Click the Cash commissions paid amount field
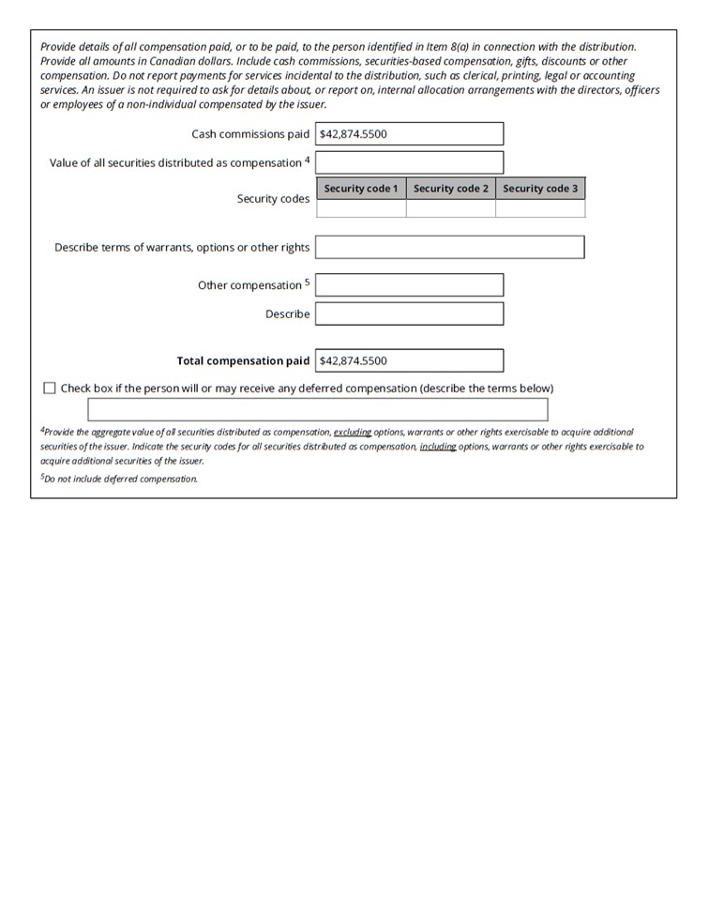click(x=409, y=133)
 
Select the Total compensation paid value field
click(x=409, y=360)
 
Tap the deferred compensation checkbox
click(x=50, y=389)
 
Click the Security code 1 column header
click(x=361, y=189)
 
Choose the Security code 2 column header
click(x=451, y=189)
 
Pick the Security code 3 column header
click(x=540, y=189)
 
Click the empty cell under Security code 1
click(x=361, y=208)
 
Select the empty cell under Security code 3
click(x=540, y=208)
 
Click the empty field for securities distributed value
click(x=409, y=162)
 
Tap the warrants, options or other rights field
click(x=449, y=248)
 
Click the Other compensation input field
click(x=409, y=285)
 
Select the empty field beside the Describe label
click(x=409, y=313)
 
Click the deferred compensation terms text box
click(x=318, y=410)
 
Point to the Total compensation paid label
click(x=243, y=361)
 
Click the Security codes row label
click(x=273, y=200)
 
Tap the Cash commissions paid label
click(x=250, y=134)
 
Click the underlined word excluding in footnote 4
click(x=353, y=432)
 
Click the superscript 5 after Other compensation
click(x=307, y=282)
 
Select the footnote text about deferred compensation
click(x=120, y=479)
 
